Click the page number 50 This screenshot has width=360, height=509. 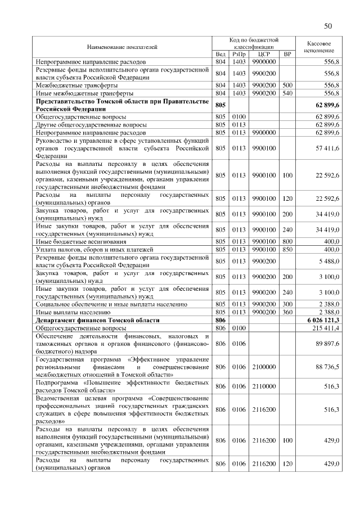(x=328, y=26)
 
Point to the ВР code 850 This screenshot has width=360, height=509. (x=287, y=249)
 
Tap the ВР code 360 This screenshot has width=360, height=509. (x=287, y=312)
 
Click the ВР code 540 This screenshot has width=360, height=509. (x=287, y=93)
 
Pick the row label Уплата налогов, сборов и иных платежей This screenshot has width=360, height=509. (x=91, y=249)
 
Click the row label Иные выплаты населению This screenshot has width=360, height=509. (x=71, y=312)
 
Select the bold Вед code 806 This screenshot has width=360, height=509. (x=220, y=319)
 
